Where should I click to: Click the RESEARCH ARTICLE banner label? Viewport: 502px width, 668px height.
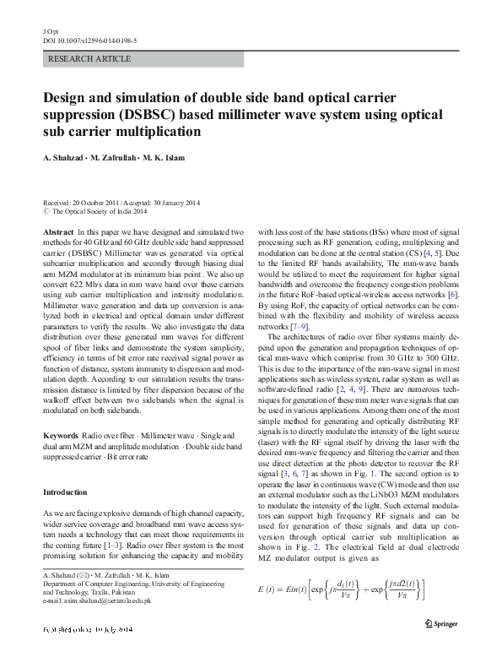(91, 59)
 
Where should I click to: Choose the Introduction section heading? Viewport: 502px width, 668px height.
(64, 491)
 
